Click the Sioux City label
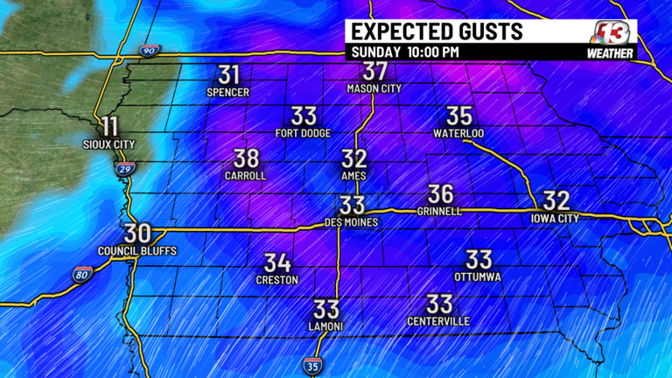[109, 143]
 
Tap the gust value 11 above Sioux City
[109, 126]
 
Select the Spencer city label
[228, 92]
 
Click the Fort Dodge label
[303, 133]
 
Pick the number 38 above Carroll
[247, 158]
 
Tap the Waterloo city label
[458, 133]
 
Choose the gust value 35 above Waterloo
[459, 115]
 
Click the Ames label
[353, 176]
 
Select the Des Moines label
[351, 222]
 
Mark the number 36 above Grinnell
[440, 194]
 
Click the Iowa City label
[556, 217]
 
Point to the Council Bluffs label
[137, 251]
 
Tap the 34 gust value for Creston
[277, 262]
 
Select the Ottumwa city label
[477, 276]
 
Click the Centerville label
[439, 321]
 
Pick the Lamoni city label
[325, 326]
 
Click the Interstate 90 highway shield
[150, 52]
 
